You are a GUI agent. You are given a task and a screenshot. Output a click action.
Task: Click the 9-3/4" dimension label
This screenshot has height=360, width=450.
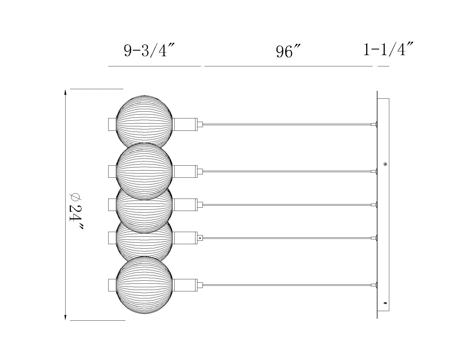click(149, 50)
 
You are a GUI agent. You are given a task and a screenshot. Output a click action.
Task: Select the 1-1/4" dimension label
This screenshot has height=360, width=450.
click(388, 49)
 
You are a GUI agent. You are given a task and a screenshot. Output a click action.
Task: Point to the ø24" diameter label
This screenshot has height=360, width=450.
click(76, 211)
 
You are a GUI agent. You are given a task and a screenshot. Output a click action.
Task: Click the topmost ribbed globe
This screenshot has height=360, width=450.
click(144, 121)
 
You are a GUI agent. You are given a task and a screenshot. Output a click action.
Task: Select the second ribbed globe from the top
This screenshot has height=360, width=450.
click(144, 171)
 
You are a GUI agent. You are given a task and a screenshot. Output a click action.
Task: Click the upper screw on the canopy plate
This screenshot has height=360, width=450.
click(385, 164)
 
